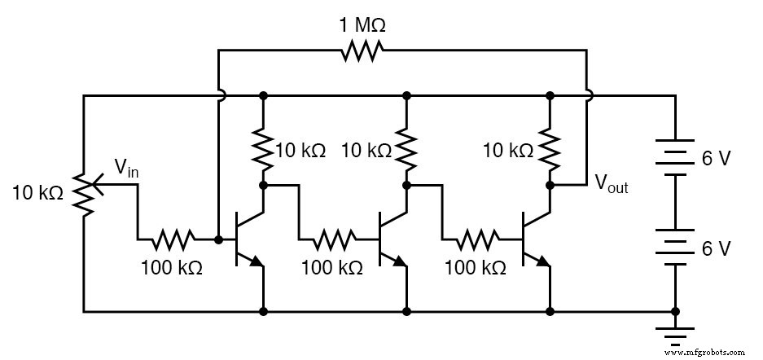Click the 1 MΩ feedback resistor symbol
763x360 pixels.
pos(362,52)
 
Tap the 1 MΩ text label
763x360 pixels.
pos(362,24)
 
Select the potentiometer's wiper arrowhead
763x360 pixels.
pos(95,184)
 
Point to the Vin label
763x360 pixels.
pos(126,169)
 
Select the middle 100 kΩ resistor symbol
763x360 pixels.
pos(327,240)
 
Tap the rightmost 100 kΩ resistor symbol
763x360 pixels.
pos(470,240)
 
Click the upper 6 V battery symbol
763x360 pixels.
pos(674,157)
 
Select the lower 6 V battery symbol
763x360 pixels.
pos(674,249)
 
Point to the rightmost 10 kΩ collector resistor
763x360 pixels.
pos(550,149)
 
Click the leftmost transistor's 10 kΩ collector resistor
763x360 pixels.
pos(262,149)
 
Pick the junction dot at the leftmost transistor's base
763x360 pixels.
pos(218,240)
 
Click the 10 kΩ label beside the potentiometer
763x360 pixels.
pos(37,193)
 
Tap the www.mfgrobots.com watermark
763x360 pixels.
pos(709,353)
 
